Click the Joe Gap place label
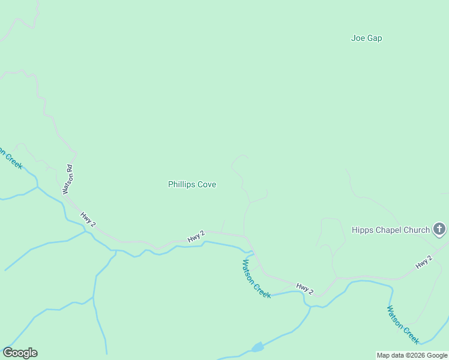(x=366, y=38)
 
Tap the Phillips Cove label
(x=192, y=185)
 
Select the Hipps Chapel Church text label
(x=391, y=230)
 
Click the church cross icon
(x=439, y=229)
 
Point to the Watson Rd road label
(x=68, y=179)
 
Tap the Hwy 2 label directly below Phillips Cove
(x=196, y=236)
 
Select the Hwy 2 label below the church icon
(x=424, y=262)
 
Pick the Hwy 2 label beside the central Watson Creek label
(x=305, y=289)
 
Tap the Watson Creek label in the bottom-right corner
(x=403, y=325)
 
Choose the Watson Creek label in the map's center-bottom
(x=257, y=278)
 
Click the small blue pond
(x=258, y=347)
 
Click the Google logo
(x=20, y=353)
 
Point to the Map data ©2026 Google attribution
(x=412, y=355)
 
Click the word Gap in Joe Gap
(x=375, y=38)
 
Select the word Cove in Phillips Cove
(x=206, y=185)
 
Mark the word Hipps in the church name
(x=362, y=230)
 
